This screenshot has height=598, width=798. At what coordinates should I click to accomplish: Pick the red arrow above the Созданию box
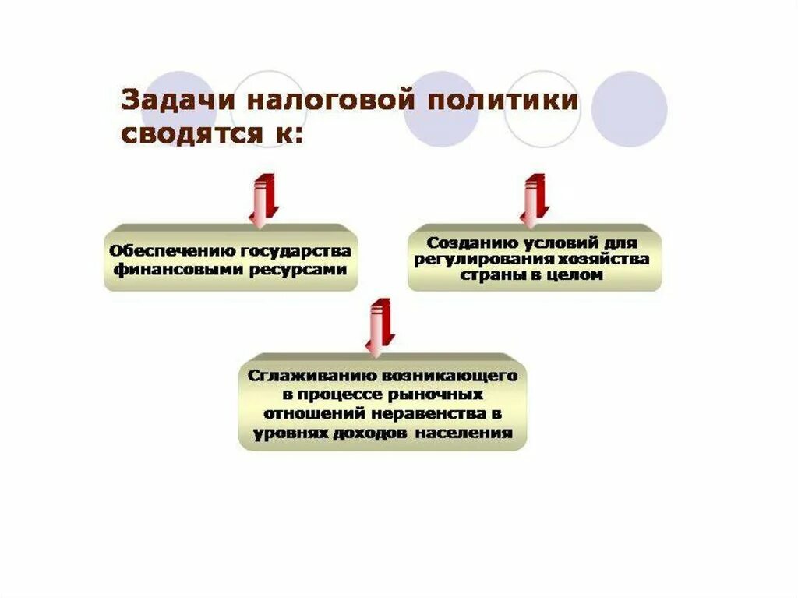pyautogui.click(x=535, y=198)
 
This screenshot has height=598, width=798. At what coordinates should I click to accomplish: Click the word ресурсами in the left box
pyautogui.click(x=306, y=269)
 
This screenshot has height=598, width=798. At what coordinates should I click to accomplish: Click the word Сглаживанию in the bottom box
pyautogui.click(x=302, y=375)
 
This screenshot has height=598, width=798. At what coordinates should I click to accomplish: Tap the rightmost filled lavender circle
pyautogui.click(x=629, y=109)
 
